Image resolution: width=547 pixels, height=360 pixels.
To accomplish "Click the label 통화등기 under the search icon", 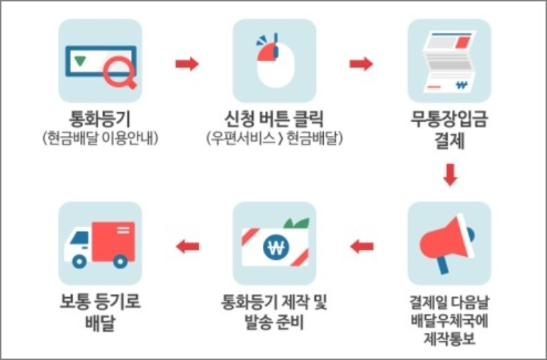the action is (x=99, y=116).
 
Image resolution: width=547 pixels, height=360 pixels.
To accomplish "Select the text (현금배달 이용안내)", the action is (x=99, y=137).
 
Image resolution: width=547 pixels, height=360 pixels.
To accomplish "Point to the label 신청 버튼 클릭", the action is (x=274, y=116).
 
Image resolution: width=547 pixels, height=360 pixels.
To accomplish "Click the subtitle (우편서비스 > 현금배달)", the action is (x=274, y=137).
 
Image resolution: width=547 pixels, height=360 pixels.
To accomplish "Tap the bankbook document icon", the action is (x=449, y=62).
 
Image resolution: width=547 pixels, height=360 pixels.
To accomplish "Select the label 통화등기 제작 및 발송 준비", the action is (x=274, y=313).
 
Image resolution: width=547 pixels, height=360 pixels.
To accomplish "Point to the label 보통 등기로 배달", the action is (x=99, y=313).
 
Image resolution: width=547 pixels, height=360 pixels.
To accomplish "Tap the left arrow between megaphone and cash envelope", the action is (x=361, y=246).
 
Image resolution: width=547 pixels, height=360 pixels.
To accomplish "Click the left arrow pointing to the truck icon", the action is (x=187, y=246).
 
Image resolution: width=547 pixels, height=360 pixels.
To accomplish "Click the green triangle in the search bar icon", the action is (x=80, y=61).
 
